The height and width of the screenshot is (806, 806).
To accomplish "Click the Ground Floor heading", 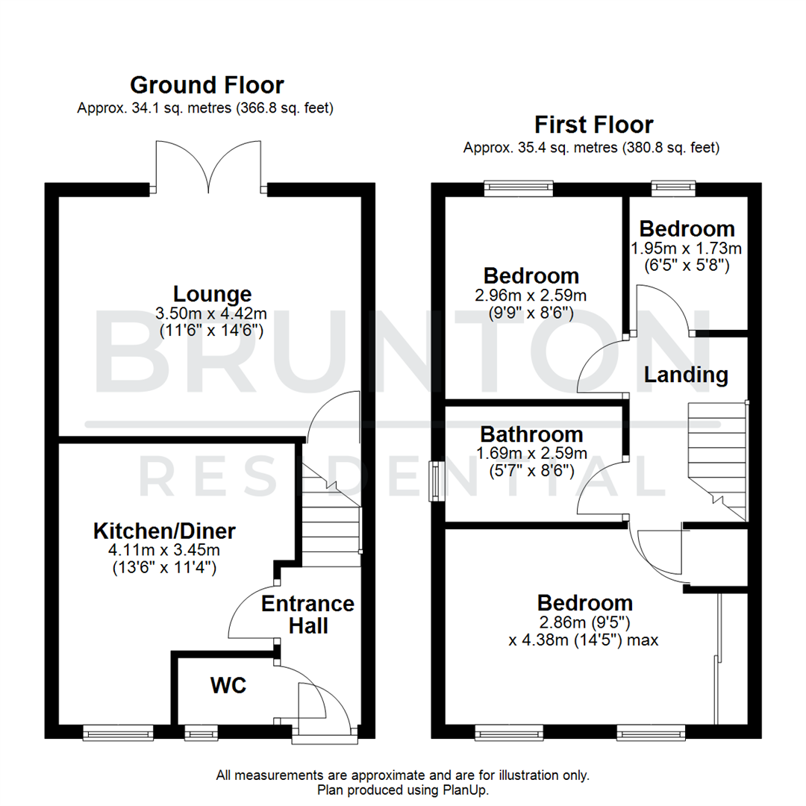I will [x=207, y=84].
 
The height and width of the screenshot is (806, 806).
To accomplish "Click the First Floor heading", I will [x=593, y=124].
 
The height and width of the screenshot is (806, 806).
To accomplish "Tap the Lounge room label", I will [x=213, y=293].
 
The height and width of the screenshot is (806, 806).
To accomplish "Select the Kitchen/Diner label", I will [x=164, y=531].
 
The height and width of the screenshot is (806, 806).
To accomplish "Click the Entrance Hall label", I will [x=307, y=614].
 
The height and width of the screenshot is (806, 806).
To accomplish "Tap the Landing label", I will [x=686, y=375].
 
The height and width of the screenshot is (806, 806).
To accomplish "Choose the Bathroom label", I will [x=531, y=434].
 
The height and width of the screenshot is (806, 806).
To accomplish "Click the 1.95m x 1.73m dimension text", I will [x=687, y=248].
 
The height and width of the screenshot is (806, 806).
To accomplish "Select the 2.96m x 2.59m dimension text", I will [x=531, y=296].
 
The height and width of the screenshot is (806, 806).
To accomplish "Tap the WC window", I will [x=197, y=734].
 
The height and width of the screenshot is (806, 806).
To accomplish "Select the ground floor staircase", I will [x=331, y=515].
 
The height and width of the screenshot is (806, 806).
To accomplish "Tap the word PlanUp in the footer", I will [x=468, y=790].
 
